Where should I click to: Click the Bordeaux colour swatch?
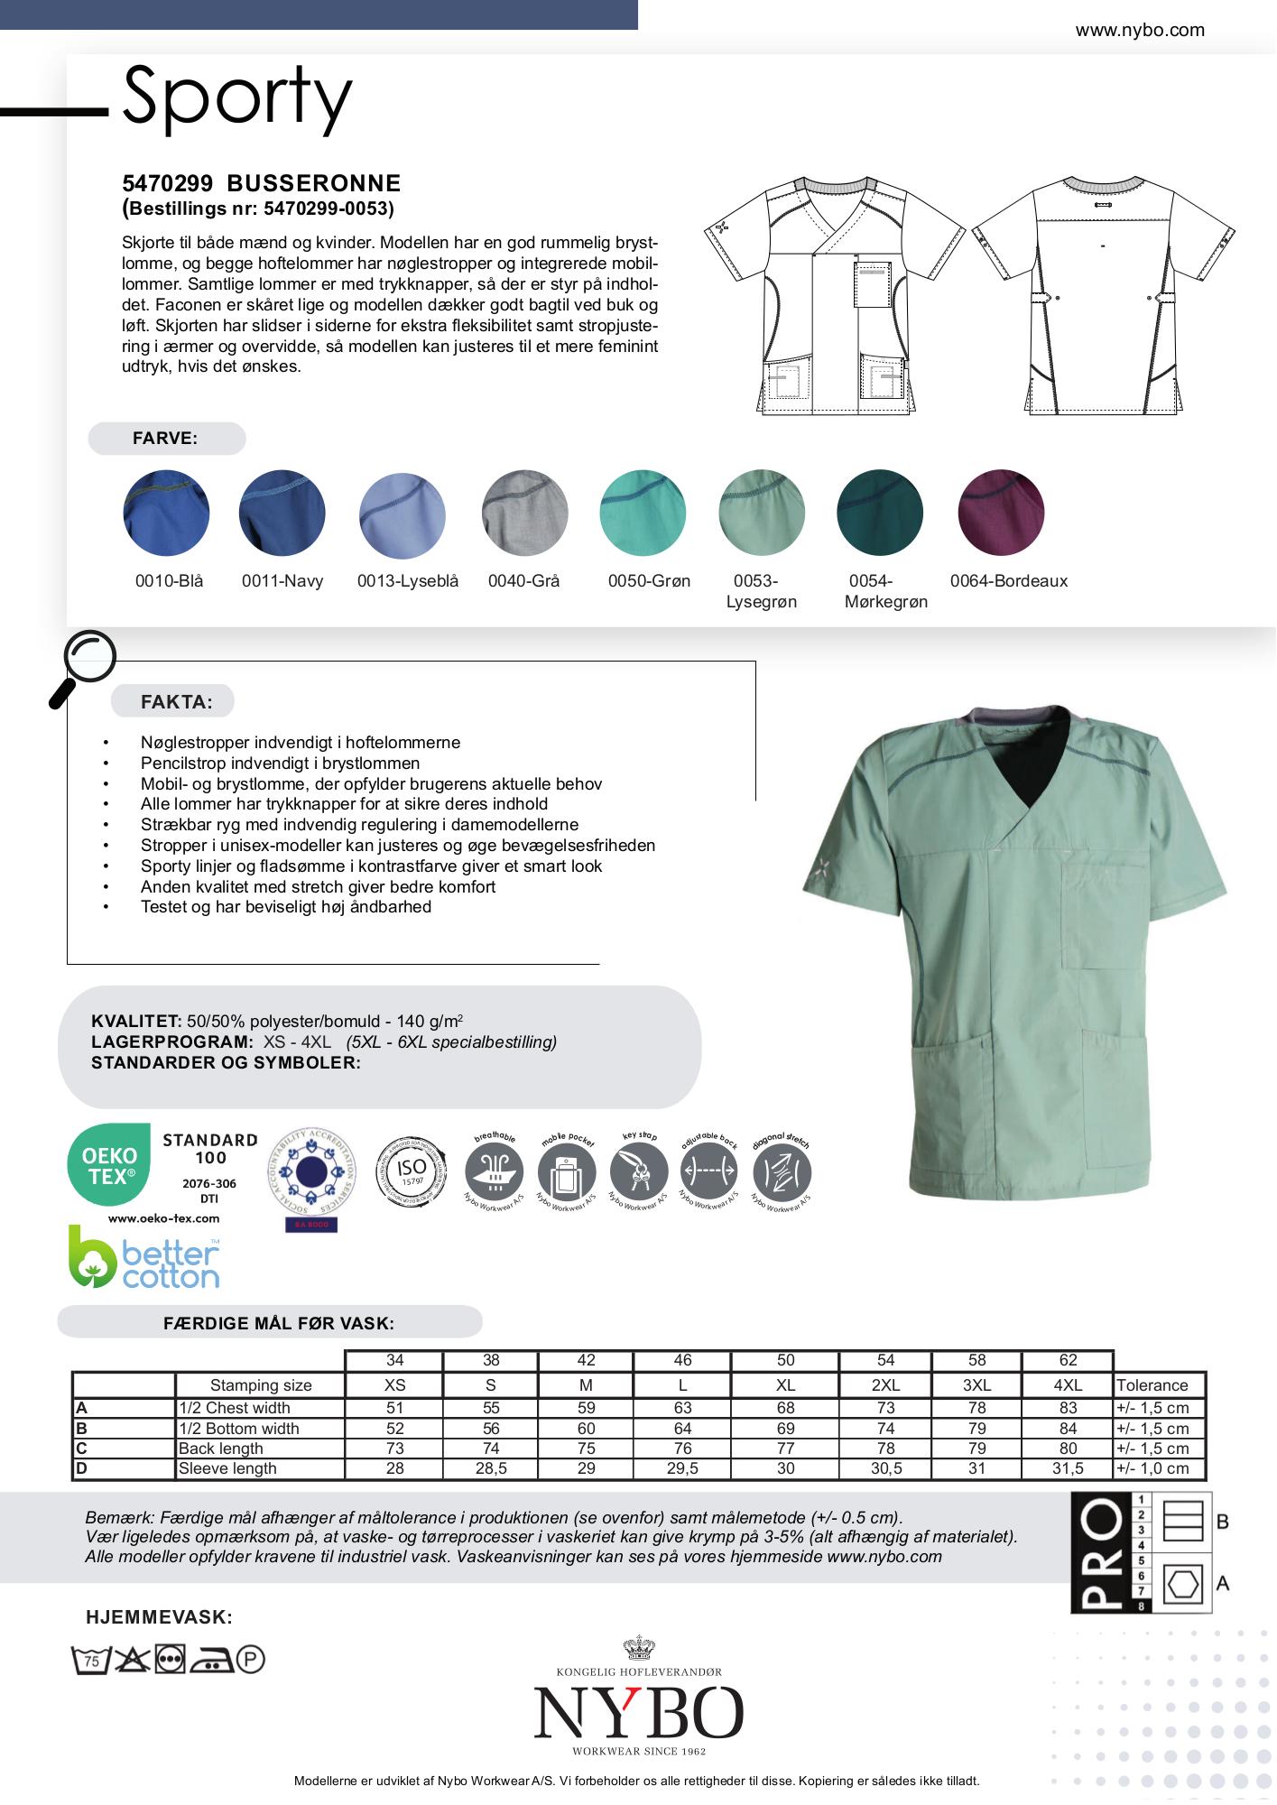click(1001, 513)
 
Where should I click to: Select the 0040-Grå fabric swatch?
click(524, 513)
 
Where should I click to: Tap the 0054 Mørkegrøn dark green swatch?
click(880, 513)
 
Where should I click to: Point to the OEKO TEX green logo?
click(109, 1165)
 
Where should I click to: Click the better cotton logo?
click(144, 1256)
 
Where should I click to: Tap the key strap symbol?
click(639, 1174)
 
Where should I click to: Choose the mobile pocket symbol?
click(567, 1174)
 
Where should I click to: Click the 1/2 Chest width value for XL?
click(785, 1408)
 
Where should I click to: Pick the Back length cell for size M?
click(586, 1449)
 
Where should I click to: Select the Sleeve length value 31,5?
click(1068, 1468)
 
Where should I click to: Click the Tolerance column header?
click(1152, 1385)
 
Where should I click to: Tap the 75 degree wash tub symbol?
click(90, 1660)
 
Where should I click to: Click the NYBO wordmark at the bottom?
click(638, 1712)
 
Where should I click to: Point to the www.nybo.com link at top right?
click(1139, 30)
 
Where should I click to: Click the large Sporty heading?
click(236, 97)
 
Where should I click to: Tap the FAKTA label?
click(176, 702)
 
